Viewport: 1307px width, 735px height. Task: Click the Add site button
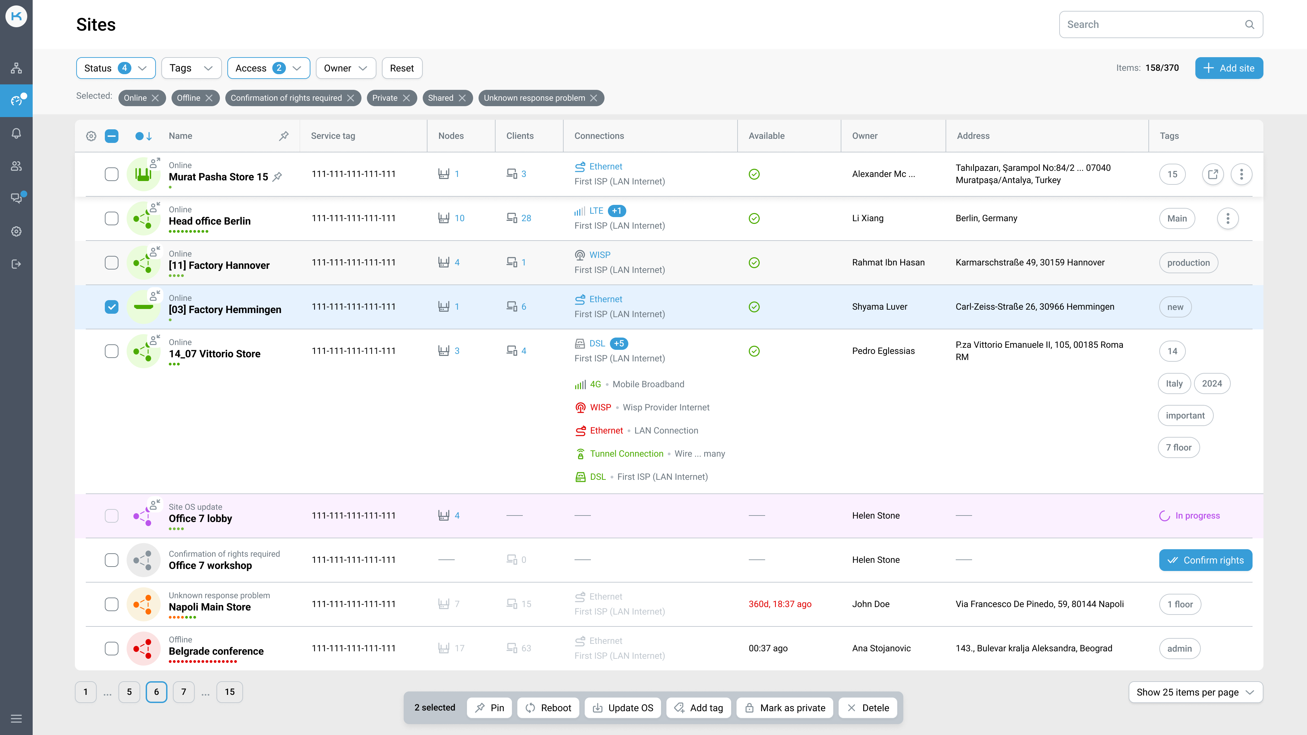pos(1228,68)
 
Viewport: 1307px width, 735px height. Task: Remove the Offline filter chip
pos(209,98)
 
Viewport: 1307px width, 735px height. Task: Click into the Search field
pos(1152,24)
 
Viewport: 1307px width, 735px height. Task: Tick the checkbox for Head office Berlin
pos(112,218)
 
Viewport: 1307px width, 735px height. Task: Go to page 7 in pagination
pos(184,692)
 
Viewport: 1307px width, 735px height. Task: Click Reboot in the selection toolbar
pos(548,708)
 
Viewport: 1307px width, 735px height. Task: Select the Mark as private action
pos(785,708)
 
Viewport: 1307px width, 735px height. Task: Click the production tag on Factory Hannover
pos(1188,263)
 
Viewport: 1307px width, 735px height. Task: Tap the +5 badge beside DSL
pos(618,343)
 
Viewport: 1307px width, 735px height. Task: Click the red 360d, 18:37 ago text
pos(780,604)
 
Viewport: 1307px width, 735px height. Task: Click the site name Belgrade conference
pos(216,651)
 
